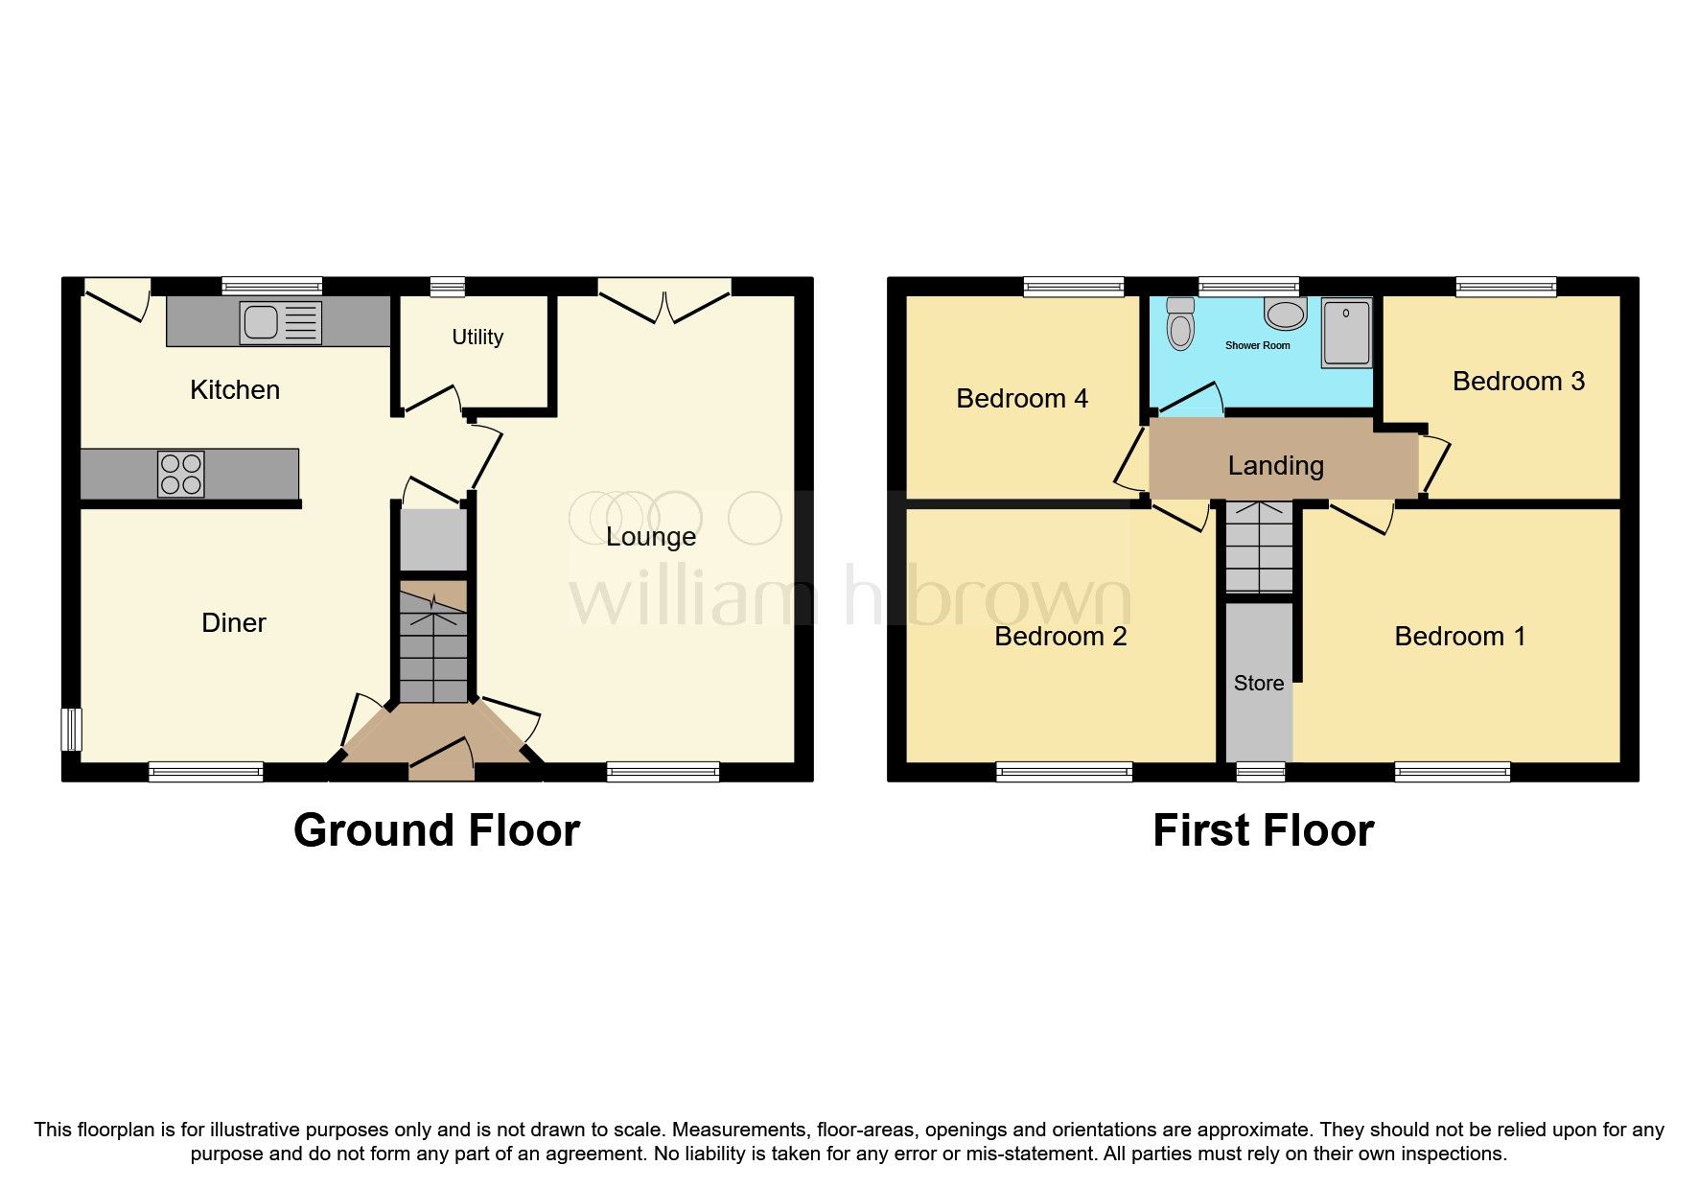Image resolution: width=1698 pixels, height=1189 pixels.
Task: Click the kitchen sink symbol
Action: click(x=281, y=322)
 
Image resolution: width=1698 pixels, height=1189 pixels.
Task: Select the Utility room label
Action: click(x=477, y=337)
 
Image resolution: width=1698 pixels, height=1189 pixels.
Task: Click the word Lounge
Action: click(x=650, y=537)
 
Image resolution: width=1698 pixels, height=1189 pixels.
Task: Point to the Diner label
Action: click(x=233, y=623)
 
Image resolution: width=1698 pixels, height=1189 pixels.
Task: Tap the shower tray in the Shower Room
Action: click(x=1346, y=333)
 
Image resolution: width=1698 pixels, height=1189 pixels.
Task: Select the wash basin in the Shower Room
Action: click(x=1286, y=313)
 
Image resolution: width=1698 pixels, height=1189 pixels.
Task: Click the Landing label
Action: click(x=1275, y=466)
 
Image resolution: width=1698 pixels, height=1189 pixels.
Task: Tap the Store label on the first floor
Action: click(x=1258, y=684)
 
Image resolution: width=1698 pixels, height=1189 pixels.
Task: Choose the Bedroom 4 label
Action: click(x=1022, y=399)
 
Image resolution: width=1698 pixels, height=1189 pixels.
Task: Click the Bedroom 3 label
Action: click(x=1518, y=382)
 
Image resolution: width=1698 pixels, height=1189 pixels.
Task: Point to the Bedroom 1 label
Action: click(x=1459, y=637)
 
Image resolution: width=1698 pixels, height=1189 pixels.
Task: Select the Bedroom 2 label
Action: click(x=1059, y=637)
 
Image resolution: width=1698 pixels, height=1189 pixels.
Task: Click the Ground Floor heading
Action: click(x=436, y=830)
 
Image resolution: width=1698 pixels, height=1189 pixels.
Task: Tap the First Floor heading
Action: click(x=1263, y=830)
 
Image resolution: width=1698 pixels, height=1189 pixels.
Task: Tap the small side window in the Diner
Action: click(x=71, y=729)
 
